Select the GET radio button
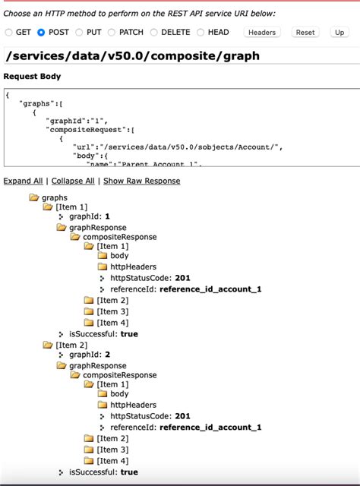[x=9, y=33]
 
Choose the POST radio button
[x=42, y=33]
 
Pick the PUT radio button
[x=80, y=33]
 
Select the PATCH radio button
[x=112, y=33]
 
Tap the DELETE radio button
[x=154, y=33]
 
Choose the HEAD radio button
[x=201, y=33]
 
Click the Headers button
[x=262, y=33]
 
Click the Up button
[x=339, y=33]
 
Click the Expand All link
[x=23, y=181]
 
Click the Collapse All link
[x=73, y=181]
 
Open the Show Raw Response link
[x=141, y=181]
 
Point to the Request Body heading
[x=32, y=77]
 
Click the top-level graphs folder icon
[x=33, y=197]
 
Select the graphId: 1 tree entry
[x=89, y=216]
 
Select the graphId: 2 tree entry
[x=89, y=355]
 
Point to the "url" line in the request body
[x=178, y=147]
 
